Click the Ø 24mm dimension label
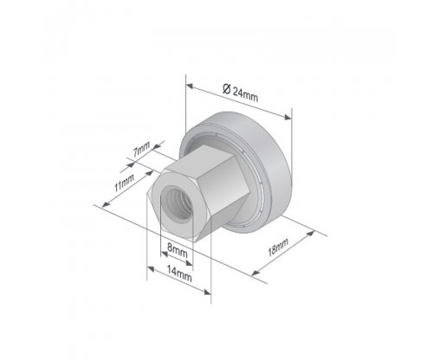click(240, 93)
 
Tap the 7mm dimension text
click(141, 149)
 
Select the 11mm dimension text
click(124, 183)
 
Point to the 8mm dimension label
click(178, 250)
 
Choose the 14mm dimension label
click(179, 273)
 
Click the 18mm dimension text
click(278, 247)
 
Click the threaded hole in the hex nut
click(177, 202)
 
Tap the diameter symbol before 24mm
click(227, 88)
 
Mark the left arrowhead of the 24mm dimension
click(190, 86)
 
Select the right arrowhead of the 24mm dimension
click(288, 117)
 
